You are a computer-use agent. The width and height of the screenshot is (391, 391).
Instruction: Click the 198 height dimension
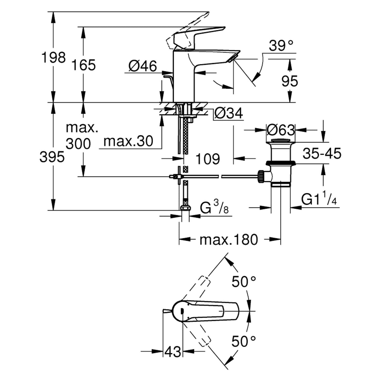tap(53, 58)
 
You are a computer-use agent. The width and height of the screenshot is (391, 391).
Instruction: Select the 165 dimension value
tap(83, 65)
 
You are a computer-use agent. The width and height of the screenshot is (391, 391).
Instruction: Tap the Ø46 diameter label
tap(143, 66)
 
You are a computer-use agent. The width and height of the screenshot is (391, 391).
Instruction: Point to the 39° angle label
tap(281, 46)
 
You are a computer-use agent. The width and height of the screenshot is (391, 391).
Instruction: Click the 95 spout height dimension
tap(290, 81)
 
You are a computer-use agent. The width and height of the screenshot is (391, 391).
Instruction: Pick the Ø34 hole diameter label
tap(228, 113)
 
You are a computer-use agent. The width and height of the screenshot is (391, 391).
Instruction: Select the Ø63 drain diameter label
tap(281, 130)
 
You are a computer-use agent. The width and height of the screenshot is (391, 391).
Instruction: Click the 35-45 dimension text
tap(322, 154)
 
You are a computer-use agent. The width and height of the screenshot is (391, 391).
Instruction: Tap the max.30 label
tap(128, 141)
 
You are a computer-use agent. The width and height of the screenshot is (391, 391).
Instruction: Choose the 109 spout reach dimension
tap(208, 159)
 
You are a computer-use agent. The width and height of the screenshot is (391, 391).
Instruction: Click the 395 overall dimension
tap(52, 157)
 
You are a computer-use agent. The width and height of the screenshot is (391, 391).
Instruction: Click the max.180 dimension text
tap(229, 240)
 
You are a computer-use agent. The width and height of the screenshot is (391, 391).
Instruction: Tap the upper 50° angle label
tap(244, 282)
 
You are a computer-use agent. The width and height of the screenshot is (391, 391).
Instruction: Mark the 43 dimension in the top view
tap(173, 352)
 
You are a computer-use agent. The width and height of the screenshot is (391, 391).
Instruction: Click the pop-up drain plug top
tap(280, 140)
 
